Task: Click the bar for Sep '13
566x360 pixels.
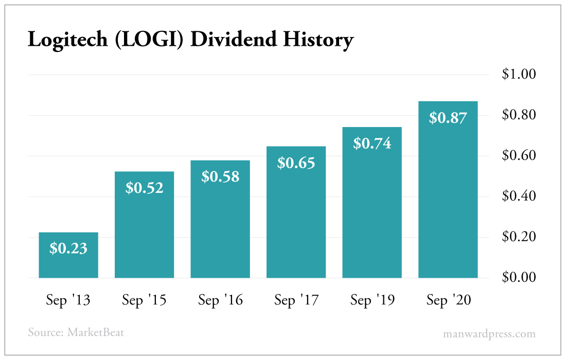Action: tap(68, 255)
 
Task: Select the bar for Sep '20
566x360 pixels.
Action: tap(448, 190)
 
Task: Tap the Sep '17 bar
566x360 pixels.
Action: tap(296, 212)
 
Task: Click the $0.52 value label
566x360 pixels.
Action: tap(145, 188)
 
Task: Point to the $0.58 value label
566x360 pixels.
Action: tap(220, 177)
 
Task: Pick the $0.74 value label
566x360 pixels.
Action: tap(372, 143)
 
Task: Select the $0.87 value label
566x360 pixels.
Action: tap(448, 118)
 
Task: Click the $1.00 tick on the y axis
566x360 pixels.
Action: tap(519, 74)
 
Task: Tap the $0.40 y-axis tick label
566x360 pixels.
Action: tap(519, 196)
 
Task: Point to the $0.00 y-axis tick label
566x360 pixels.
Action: tap(519, 277)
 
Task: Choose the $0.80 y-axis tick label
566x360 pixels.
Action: tap(519, 115)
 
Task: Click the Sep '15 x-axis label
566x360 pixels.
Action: tap(144, 300)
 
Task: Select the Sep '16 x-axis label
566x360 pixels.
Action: tap(220, 300)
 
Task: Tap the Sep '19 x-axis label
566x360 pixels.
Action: tap(373, 300)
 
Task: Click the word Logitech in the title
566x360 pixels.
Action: tap(68, 40)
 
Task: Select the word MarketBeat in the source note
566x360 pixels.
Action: tap(96, 332)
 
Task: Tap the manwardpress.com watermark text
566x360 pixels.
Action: tap(489, 334)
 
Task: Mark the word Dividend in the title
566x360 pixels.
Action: tap(234, 39)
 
